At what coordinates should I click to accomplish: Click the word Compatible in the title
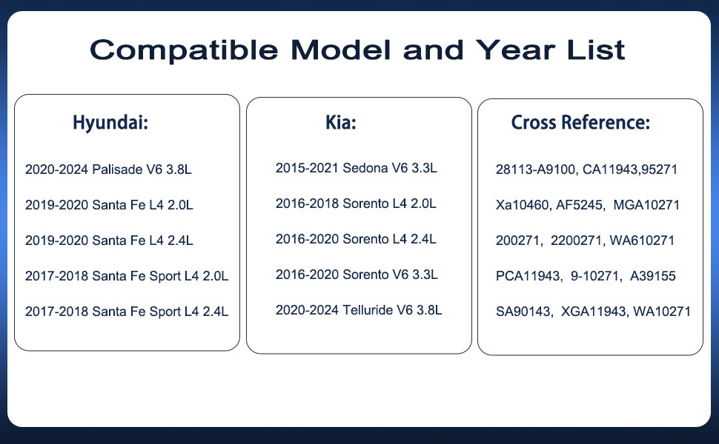click(184, 50)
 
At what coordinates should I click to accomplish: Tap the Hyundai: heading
click(110, 123)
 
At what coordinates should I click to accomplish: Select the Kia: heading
click(341, 122)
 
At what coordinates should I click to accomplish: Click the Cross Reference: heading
click(580, 122)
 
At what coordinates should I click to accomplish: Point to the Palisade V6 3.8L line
click(108, 169)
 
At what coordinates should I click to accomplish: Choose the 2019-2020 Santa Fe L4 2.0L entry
click(109, 204)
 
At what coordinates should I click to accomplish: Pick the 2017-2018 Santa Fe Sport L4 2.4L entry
click(127, 312)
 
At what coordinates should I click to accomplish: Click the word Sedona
click(365, 168)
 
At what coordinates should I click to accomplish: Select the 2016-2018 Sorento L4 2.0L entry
click(356, 203)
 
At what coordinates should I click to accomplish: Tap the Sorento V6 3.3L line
click(357, 275)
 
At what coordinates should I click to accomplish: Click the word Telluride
click(368, 310)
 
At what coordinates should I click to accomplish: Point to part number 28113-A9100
click(536, 169)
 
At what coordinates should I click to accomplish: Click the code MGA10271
click(646, 204)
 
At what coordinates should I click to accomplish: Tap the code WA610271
click(642, 240)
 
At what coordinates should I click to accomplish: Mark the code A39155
click(653, 276)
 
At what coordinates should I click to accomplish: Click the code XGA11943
click(594, 312)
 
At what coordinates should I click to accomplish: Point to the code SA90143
click(523, 312)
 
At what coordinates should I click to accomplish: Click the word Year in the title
click(515, 50)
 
